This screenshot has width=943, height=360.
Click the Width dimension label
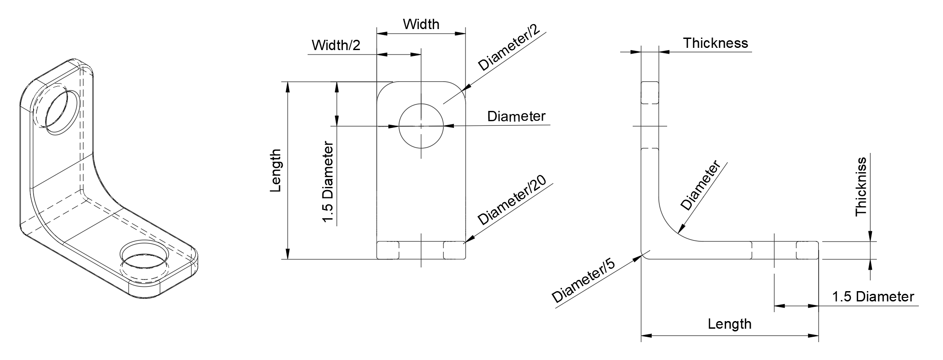point(421,24)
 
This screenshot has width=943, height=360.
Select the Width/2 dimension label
point(336,45)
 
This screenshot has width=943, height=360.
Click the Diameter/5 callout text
point(583,281)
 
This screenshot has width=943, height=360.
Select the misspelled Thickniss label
point(861,187)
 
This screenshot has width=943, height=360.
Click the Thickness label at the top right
point(715,43)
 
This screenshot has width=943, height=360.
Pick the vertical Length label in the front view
point(276,171)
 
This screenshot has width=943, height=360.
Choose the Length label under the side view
point(729,324)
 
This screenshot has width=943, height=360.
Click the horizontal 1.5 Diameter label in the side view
point(873,296)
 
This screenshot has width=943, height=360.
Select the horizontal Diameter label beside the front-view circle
point(516,116)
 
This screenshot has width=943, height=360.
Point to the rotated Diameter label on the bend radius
point(700,186)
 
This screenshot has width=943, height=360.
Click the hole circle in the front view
point(421,126)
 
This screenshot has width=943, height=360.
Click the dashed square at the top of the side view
point(650,93)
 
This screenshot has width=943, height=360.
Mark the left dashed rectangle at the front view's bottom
point(388,250)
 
